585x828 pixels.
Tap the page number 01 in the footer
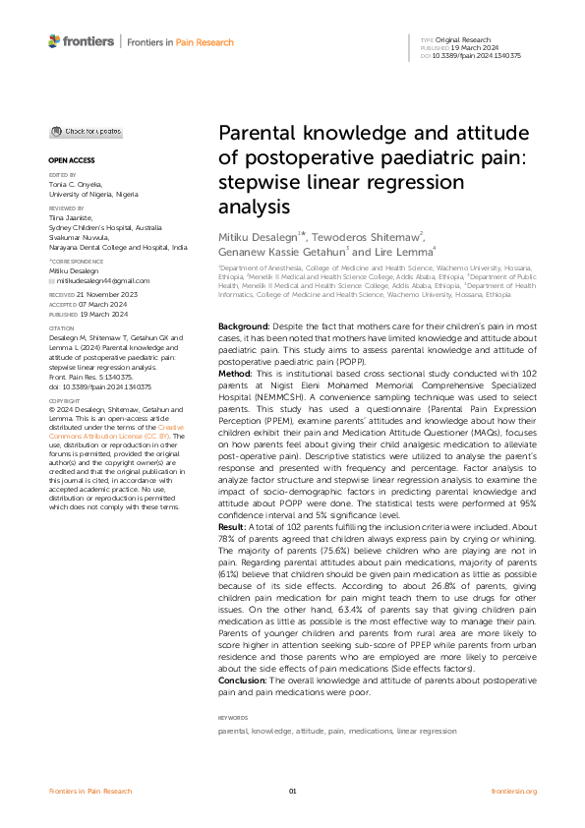292,791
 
